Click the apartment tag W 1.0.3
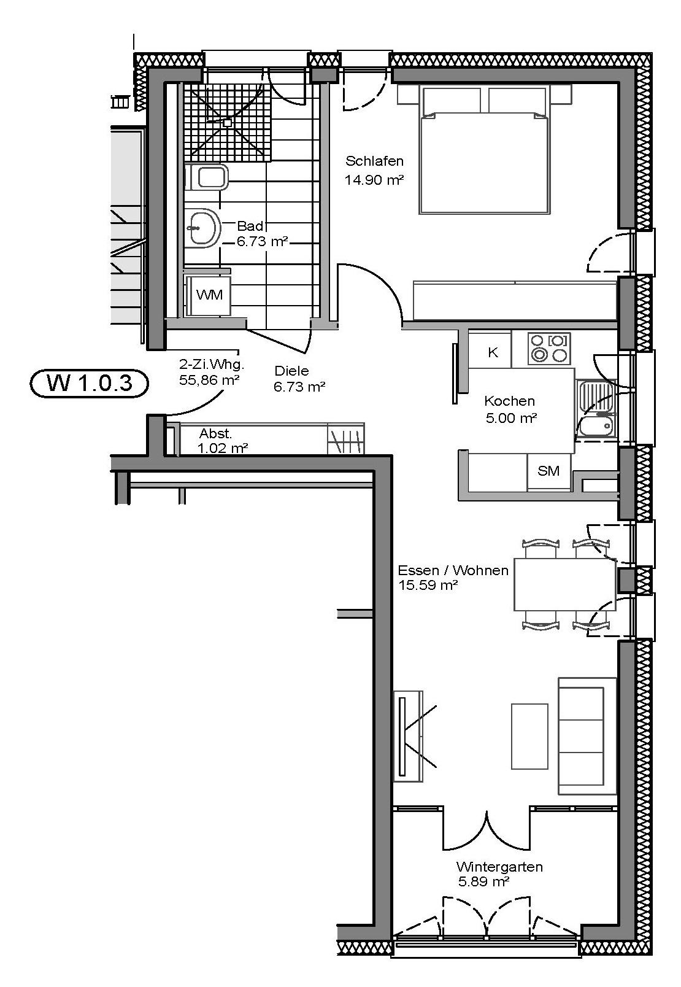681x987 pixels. click(x=89, y=383)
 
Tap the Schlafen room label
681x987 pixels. click(x=374, y=161)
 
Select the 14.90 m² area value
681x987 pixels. click(x=374, y=180)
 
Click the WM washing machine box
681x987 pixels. click(x=209, y=295)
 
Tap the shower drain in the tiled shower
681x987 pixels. click(x=228, y=123)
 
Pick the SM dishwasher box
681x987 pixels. click(x=549, y=471)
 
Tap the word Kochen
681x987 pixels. click(x=510, y=401)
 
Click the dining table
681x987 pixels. click(x=565, y=584)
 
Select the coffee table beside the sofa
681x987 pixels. click(x=529, y=737)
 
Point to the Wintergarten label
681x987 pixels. click(x=499, y=867)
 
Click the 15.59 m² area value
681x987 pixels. click(x=428, y=585)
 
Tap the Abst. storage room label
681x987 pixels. click(x=216, y=433)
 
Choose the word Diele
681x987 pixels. click(x=291, y=371)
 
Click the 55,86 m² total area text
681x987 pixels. click(x=209, y=380)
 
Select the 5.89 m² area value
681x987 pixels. click(x=483, y=881)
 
